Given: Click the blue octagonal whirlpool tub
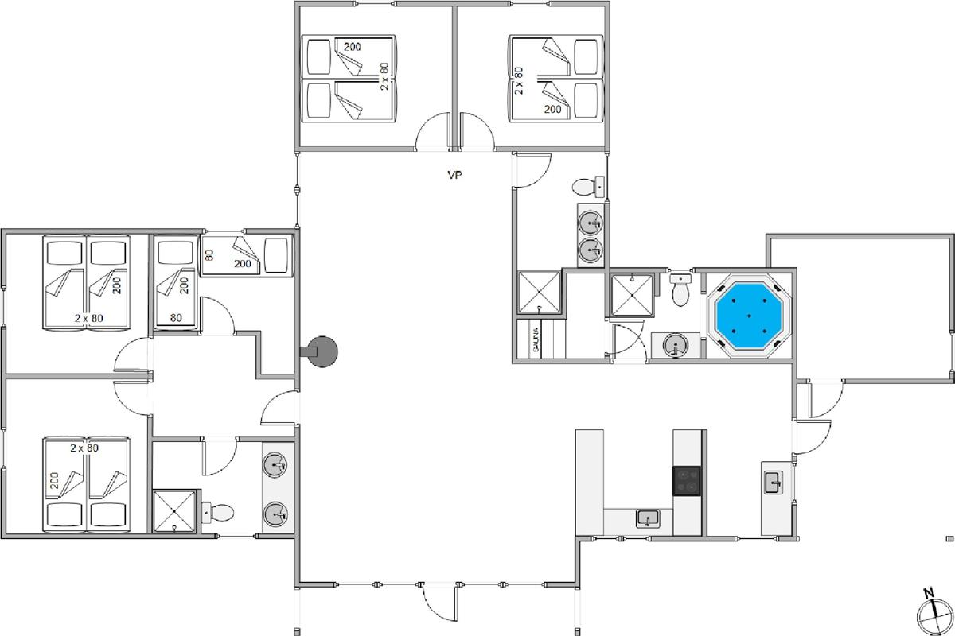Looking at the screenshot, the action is point(749,316).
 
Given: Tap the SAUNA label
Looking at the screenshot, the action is point(536,339).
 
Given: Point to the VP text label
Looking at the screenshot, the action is point(454,175).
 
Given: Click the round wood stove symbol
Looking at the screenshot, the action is point(323,351).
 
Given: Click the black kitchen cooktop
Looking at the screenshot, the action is point(686,480).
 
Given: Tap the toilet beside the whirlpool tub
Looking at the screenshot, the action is point(680,289).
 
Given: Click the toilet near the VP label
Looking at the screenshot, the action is point(588,187).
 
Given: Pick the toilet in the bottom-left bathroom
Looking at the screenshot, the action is point(217,513).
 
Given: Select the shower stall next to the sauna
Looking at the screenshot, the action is point(539,293).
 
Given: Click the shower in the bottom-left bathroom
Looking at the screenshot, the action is point(174,511).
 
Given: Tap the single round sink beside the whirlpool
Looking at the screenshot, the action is point(676,344).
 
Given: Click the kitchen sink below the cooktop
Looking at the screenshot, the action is point(648,518).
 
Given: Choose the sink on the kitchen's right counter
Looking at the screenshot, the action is point(774,483).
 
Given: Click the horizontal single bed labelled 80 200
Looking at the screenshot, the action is point(247,255).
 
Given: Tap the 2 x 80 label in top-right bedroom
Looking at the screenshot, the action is point(518,80).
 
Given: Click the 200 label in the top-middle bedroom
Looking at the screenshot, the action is point(352,47).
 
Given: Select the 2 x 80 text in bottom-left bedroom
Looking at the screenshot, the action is point(84,448).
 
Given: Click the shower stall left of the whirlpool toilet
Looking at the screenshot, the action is point(632,296).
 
